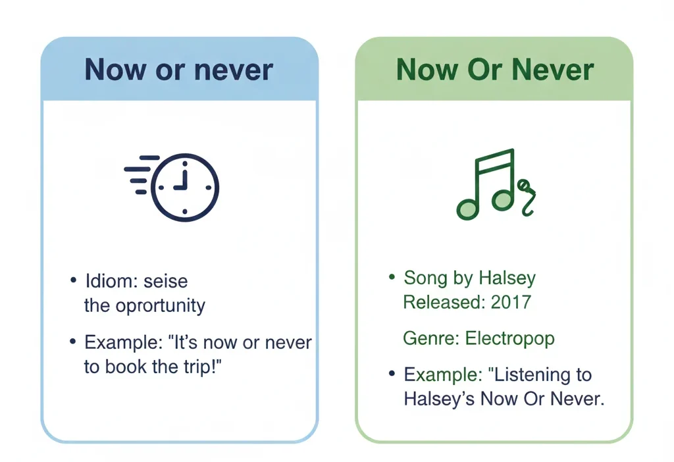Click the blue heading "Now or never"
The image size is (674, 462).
coord(178,69)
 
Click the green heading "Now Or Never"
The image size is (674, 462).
coord(494,69)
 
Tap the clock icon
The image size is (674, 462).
coord(184,186)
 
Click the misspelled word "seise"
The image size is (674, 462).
coord(166,281)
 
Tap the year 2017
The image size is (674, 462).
coord(511,302)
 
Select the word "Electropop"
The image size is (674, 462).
coord(509,339)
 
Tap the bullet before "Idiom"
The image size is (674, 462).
coord(73,281)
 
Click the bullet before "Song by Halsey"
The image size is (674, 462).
coord(392,278)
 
